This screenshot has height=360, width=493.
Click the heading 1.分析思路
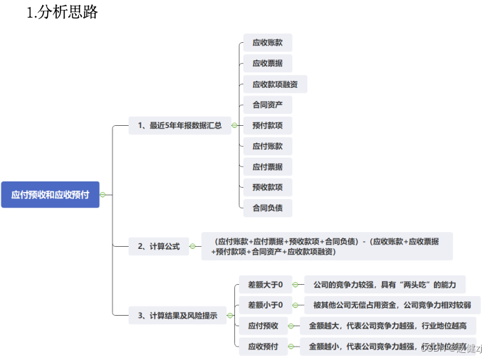62,13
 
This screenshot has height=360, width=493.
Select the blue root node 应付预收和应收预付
50,194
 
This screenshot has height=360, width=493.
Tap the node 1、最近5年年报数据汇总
180,126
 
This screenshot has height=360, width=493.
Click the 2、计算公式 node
159,246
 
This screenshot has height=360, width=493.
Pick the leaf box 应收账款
267,43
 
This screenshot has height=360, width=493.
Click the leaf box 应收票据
267,63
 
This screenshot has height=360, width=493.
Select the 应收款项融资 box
275,84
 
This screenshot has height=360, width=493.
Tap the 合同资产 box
267,105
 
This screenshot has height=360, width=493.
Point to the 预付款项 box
267,126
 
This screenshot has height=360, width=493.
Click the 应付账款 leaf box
267,146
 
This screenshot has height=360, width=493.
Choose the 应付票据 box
267,167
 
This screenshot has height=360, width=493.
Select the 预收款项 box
267,187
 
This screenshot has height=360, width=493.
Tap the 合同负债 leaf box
267,207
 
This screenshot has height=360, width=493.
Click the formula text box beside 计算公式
327,246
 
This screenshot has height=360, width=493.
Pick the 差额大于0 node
265,285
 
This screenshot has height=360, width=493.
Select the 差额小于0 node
265,305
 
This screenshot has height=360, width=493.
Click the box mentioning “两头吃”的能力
385,285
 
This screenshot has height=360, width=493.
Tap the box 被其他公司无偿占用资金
397,305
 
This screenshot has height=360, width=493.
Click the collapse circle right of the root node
103,194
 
